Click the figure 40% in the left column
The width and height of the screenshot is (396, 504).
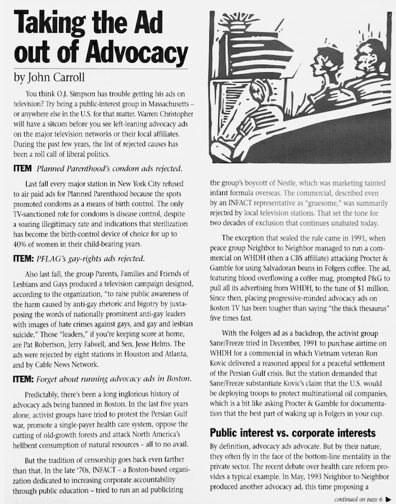click(22, 243)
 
